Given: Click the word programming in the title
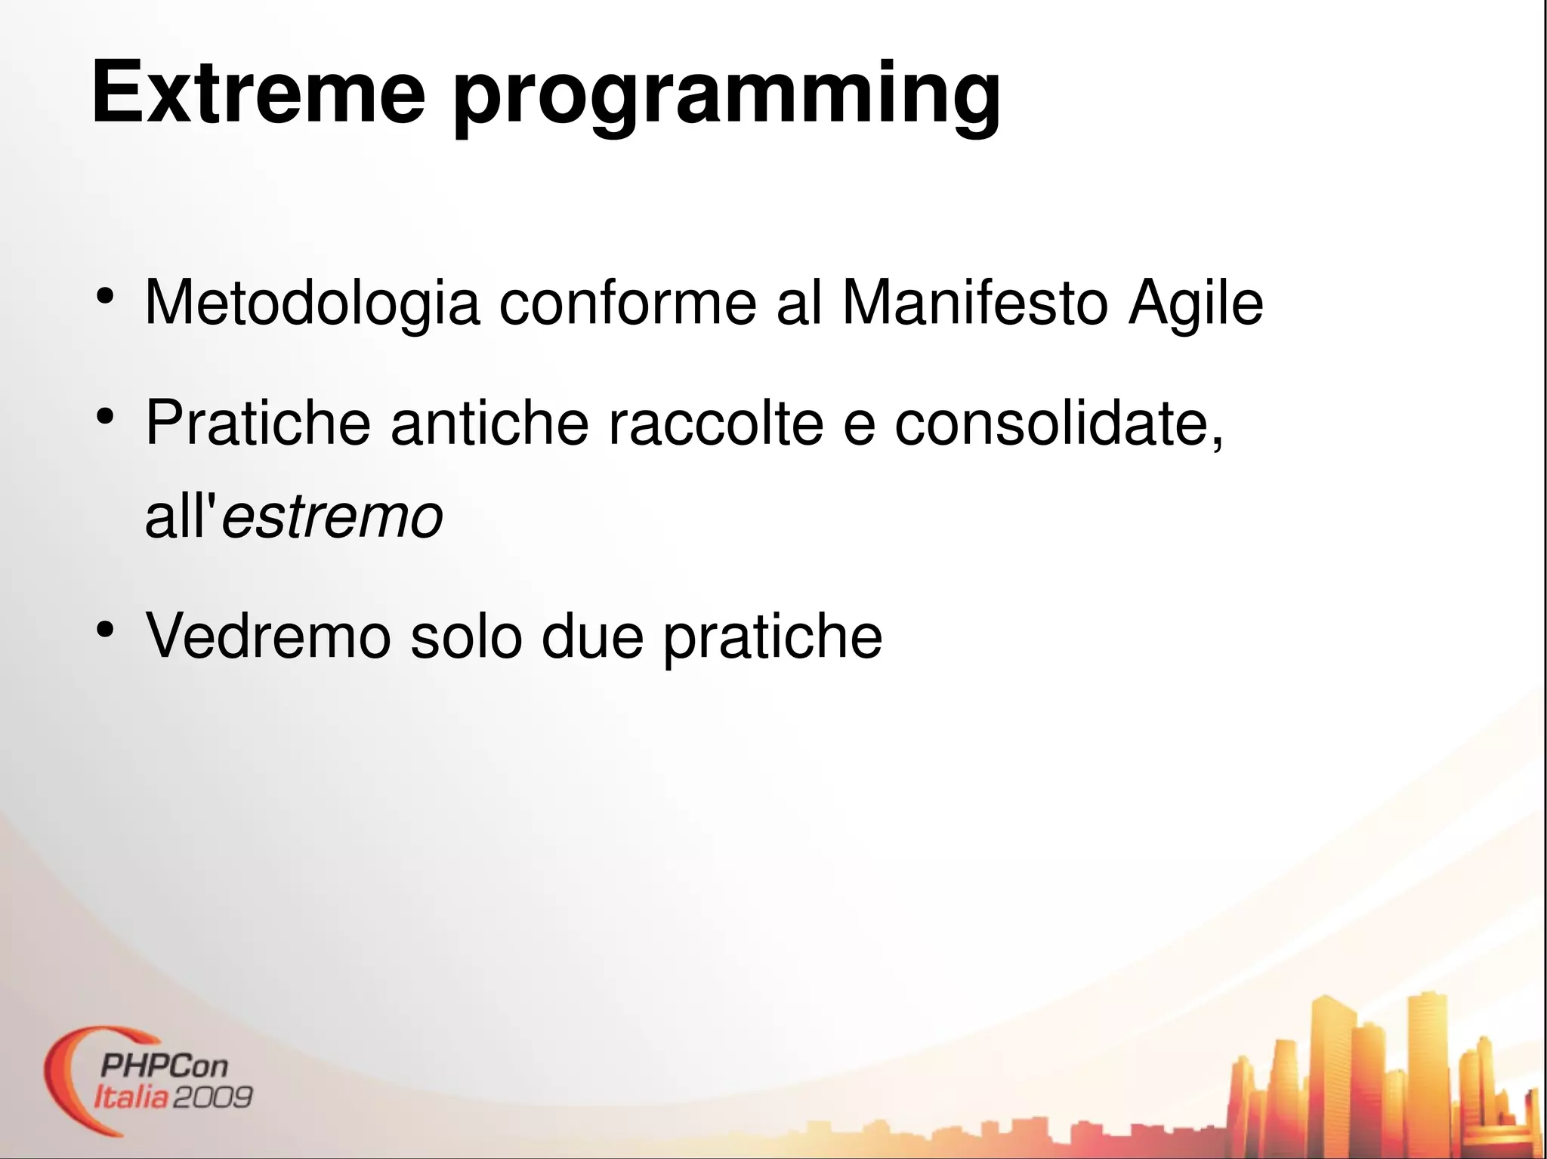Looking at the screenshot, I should click(x=727, y=98).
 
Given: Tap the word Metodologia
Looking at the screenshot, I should click(x=312, y=304).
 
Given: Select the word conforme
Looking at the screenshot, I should click(x=627, y=303).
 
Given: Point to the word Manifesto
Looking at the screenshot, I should click(x=974, y=303).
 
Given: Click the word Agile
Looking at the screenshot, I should click(x=1195, y=304).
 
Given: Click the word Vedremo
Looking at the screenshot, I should click(x=268, y=637).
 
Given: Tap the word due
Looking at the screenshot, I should click(x=593, y=637).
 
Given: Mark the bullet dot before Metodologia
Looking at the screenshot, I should click(x=105, y=296).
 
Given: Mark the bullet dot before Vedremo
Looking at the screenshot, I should click(x=105, y=629).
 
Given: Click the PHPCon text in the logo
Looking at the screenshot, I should click(x=164, y=1066).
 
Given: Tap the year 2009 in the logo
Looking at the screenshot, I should click(x=212, y=1096).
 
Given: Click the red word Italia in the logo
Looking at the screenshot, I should click(x=130, y=1096).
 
